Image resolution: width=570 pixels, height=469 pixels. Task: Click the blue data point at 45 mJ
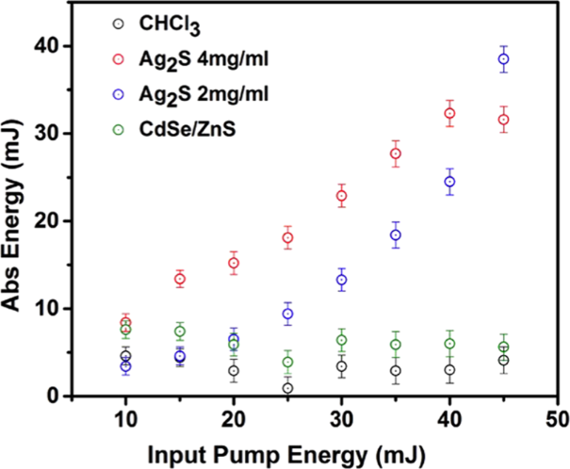coord(504,58)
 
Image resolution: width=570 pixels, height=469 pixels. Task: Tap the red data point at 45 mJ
coord(504,120)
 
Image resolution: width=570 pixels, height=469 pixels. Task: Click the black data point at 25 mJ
coord(287,388)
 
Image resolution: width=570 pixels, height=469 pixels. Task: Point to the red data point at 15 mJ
coord(180,279)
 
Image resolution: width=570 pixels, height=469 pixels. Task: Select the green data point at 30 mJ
coord(342,340)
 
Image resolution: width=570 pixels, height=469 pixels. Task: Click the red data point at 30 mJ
coord(342,196)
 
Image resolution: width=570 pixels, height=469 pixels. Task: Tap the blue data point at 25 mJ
coord(287,314)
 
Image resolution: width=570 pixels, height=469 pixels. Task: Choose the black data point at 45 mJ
coord(504,361)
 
